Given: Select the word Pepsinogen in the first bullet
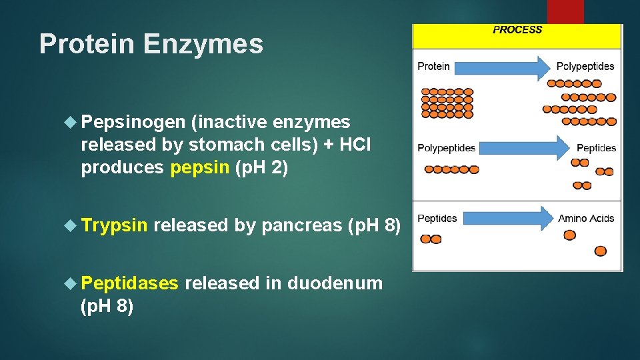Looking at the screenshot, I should point(133,122).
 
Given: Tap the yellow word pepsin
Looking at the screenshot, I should point(200,167).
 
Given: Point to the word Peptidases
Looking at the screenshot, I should point(129,283).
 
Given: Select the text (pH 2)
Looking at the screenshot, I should point(261,167).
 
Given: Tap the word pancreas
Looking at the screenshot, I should point(302,226).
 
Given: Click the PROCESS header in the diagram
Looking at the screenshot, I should point(517,30).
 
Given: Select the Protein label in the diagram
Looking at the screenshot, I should point(433,66).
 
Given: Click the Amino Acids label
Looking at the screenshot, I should point(586,218).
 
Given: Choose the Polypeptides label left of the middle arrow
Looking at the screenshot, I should point(446,147).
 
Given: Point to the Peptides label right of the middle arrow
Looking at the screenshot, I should point(596,147).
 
